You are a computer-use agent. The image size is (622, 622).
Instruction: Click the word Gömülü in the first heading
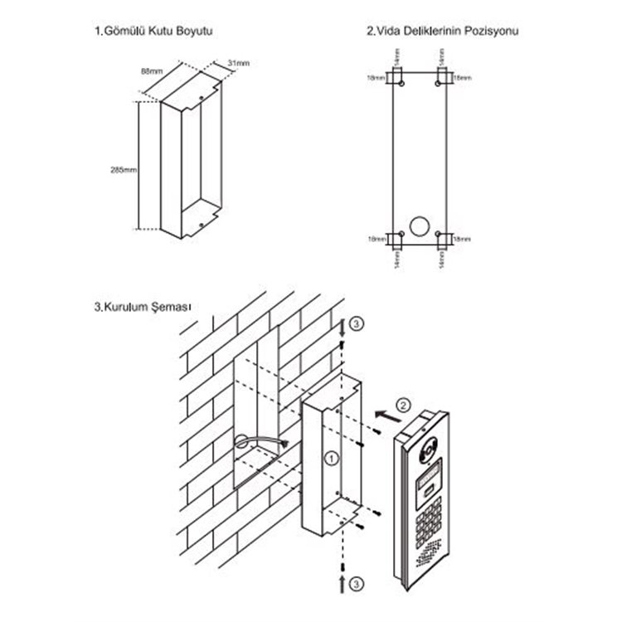click(x=124, y=31)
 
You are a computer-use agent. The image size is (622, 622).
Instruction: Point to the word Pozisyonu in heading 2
click(x=493, y=31)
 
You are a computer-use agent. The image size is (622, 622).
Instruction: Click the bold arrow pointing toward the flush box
click(x=383, y=409)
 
